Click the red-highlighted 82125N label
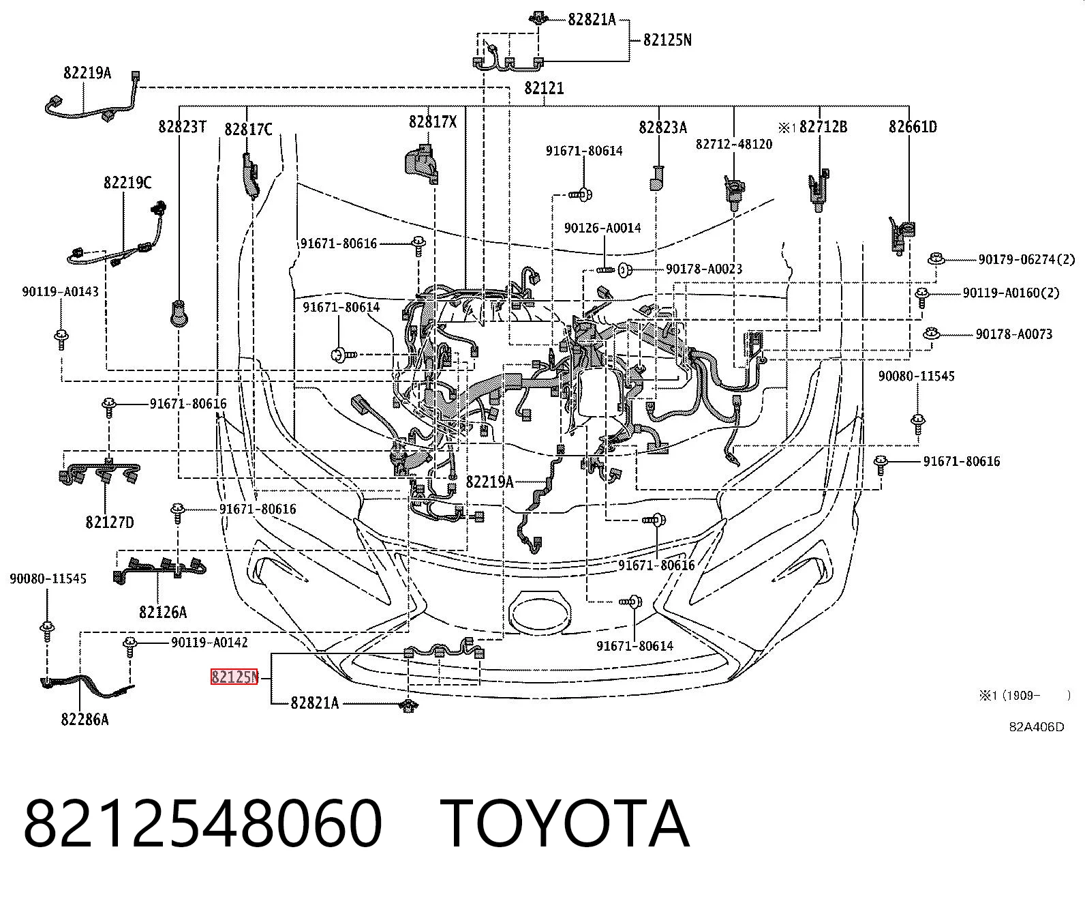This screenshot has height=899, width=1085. point(234,677)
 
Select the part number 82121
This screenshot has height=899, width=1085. point(544,89)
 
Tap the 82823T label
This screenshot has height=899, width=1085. point(183,126)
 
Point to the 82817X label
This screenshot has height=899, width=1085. point(433,121)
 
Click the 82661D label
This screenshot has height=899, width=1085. point(913,126)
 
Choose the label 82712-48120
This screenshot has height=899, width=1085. point(734,144)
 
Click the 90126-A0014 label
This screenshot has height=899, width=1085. point(602,228)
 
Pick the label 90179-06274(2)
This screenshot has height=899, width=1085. point(1027,259)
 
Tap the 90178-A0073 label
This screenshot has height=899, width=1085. point(1014,334)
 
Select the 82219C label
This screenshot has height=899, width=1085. point(128,183)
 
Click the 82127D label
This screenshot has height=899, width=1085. point(110,522)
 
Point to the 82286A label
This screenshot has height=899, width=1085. point(85,720)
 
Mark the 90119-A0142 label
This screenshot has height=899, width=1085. point(209,643)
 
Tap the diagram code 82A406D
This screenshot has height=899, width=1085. point(1037,727)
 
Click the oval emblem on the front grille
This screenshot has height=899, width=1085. point(540,613)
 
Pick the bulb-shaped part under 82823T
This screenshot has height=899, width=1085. point(179,313)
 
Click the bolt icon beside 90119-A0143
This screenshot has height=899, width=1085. point(61,339)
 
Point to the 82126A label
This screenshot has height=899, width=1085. point(163,613)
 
